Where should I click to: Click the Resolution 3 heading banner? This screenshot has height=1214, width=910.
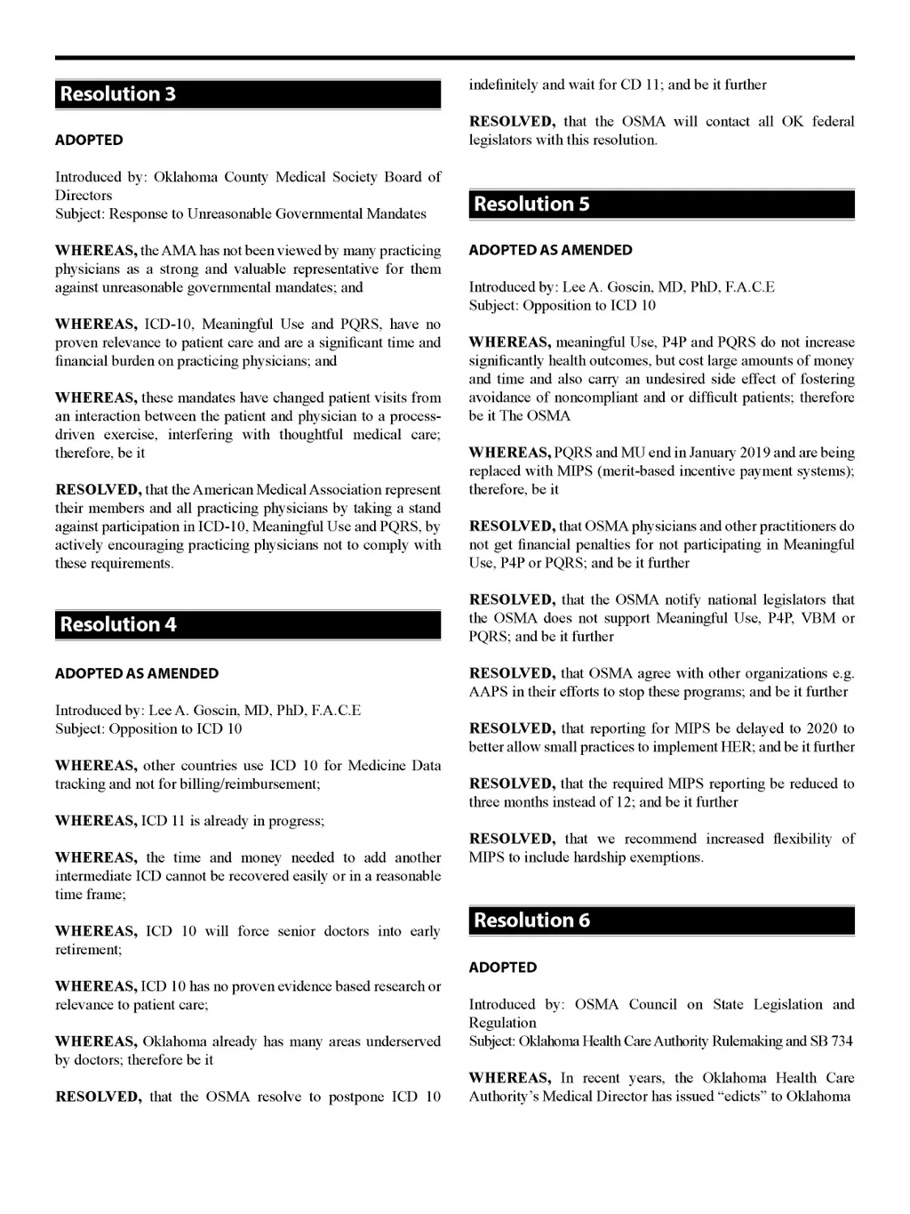(247, 94)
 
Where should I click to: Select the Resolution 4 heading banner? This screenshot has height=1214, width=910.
(247, 624)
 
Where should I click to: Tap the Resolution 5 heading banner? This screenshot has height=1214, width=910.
(661, 205)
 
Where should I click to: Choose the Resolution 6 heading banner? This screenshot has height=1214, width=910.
(661, 921)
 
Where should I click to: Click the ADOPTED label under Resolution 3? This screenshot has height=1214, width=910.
(89, 141)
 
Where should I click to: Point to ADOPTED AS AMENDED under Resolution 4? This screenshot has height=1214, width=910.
(136, 674)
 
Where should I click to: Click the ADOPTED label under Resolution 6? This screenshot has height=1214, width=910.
(503, 968)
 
